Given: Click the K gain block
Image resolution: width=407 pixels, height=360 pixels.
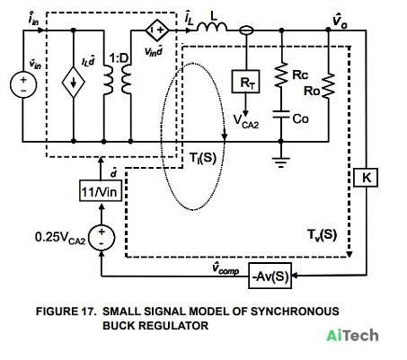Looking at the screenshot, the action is [x=366, y=178].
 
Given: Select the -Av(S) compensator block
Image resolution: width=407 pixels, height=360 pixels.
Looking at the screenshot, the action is [x=270, y=276].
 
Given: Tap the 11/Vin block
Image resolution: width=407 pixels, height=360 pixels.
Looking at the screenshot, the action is [x=101, y=190].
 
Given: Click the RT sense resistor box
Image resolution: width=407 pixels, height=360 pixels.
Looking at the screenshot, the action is [x=245, y=82].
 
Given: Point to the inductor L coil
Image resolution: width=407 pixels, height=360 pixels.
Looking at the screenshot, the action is [x=212, y=27].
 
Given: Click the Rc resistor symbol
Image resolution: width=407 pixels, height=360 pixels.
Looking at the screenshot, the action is [x=281, y=75].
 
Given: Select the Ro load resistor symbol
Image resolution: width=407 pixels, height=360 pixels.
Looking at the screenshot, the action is [x=329, y=86].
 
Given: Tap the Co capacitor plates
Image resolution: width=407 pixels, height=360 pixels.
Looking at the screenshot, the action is [x=281, y=115].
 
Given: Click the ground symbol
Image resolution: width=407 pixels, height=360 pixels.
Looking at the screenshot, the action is [x=280, y=162].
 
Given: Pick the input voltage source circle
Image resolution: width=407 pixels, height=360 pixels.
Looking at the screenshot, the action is [x=23, y=84].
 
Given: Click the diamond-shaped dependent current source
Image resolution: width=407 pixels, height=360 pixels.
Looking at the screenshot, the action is [x=74, y=83].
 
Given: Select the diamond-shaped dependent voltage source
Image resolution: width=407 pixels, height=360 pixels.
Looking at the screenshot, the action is [x=157, y=31].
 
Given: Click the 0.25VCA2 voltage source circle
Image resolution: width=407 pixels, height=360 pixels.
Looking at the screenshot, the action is [x=102, y=237].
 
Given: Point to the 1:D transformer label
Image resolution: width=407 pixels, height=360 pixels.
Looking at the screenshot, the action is [x=119, y=58].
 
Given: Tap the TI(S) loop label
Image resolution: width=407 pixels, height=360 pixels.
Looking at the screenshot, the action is [x=203, y=158].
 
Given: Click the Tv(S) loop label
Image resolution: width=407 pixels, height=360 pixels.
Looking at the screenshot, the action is [x=322, y=234].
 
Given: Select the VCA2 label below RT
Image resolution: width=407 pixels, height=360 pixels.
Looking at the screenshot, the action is [x=246, y=121].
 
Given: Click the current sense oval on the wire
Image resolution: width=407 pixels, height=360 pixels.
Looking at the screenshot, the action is [x=246, y=31].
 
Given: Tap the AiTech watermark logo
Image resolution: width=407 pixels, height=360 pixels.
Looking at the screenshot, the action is [x=352, y=335].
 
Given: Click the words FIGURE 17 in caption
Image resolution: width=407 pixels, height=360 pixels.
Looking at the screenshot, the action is [x=66, y=312].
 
